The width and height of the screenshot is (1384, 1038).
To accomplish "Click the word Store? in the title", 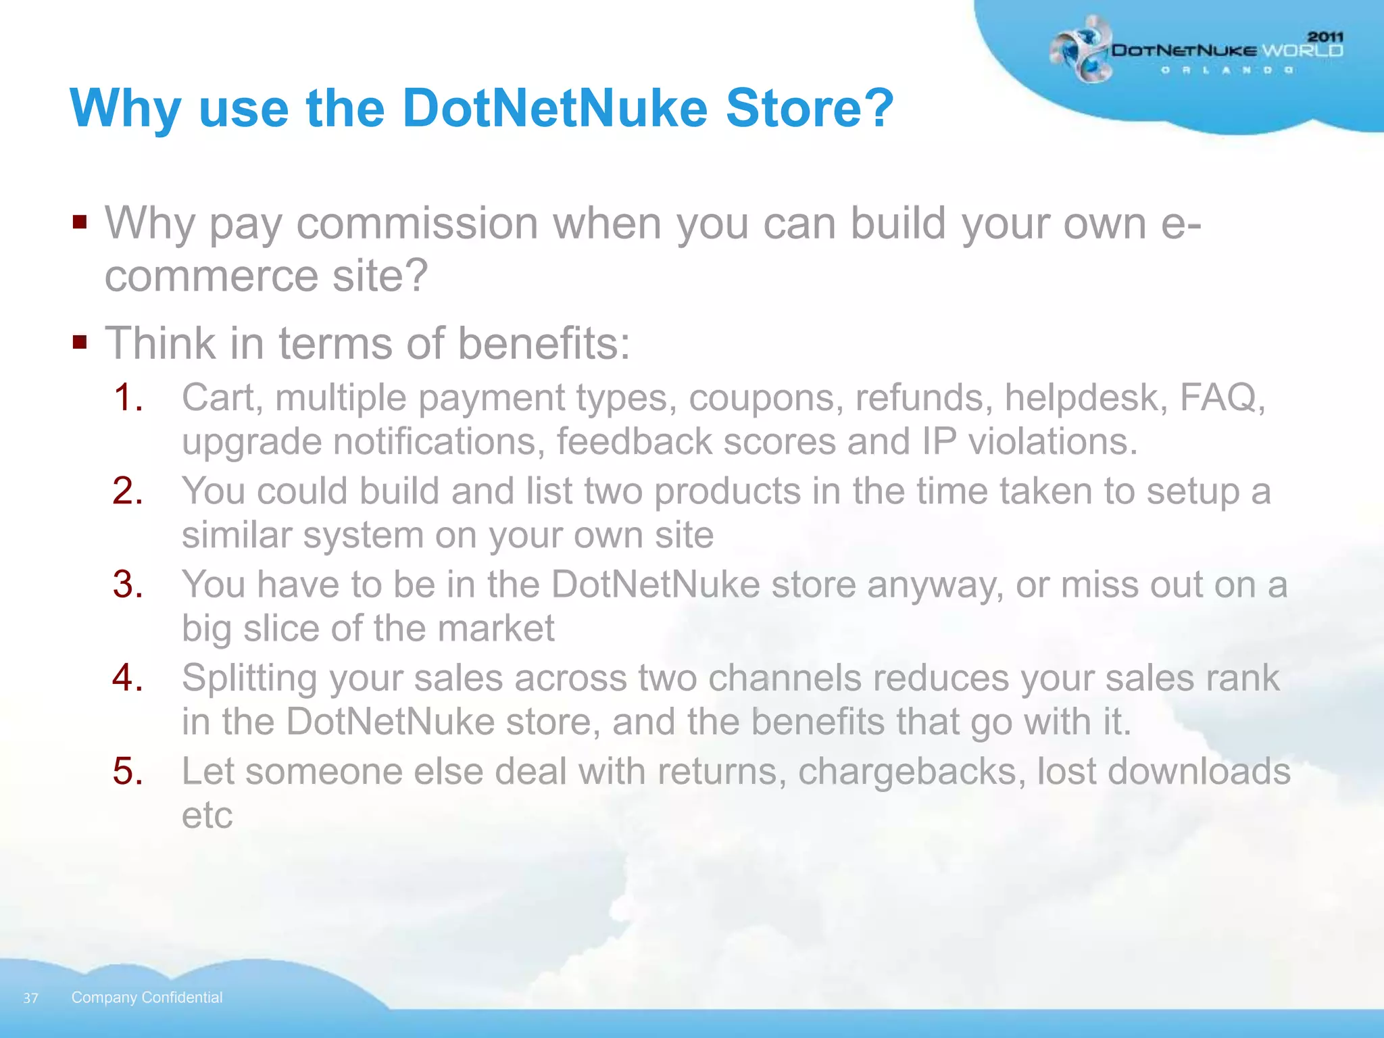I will click(810, 108).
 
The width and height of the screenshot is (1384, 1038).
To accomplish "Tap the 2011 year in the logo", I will click(1325, 36).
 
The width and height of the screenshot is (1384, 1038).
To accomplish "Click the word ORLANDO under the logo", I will click(1227, 70).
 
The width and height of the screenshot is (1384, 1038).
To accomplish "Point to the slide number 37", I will click(30, 998).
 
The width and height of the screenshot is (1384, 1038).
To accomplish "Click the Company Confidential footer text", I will click(147, 997).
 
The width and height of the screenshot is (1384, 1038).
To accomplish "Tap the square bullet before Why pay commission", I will click(80, 222).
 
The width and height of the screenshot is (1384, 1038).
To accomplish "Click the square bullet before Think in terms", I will click(80, 342).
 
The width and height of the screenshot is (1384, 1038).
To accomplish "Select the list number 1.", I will click(128, 397).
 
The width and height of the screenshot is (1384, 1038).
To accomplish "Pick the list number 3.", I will click(128, 585).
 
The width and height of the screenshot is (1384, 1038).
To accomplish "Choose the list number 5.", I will click(128, 771).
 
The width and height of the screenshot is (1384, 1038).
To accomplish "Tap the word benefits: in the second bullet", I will click(544, 343).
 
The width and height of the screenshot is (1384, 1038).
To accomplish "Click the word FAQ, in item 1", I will click(1222, 397).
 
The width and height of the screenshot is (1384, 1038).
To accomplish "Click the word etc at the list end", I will click(207, 815).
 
